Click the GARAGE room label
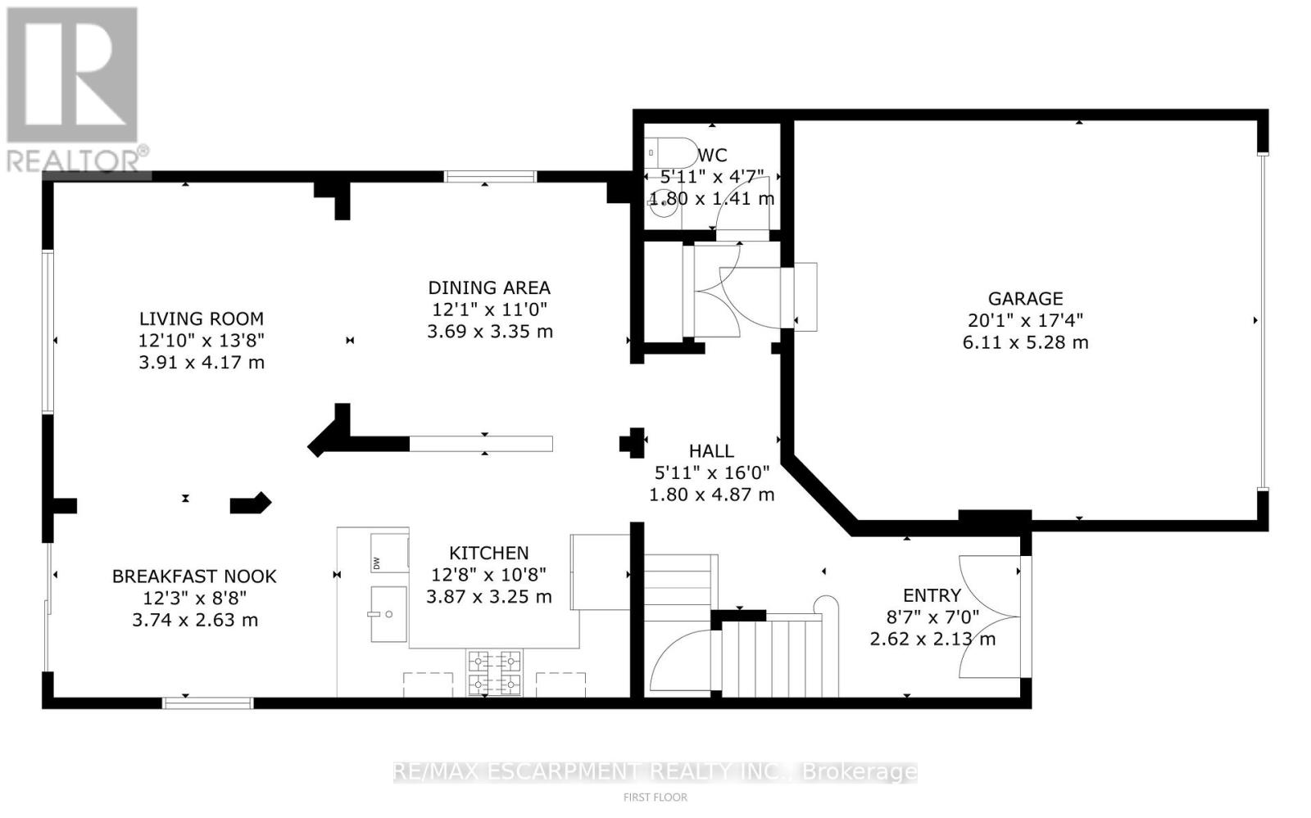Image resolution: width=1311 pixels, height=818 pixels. (x=1025, y=299)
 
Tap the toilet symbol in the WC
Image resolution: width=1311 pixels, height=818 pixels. (x=662, y=153)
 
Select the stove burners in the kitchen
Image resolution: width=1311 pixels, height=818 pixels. (x=494, y=672)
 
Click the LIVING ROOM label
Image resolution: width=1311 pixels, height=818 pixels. (x=202, y=319)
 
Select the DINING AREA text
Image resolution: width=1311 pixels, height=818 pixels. (x=489, y=287)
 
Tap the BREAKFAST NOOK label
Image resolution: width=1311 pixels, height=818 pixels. (x=194, y=576)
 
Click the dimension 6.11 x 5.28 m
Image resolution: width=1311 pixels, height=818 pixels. (x=1025, y=342)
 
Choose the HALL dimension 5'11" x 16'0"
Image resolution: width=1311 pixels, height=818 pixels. (x=711, y=472)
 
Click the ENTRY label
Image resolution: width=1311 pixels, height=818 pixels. (x=932, y=595)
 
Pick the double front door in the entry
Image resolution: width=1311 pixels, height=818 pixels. (x=991, y=616)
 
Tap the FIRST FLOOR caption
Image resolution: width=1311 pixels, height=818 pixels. (x=655, y=797)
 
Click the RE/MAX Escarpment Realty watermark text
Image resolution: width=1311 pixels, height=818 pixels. (x=655, y=771)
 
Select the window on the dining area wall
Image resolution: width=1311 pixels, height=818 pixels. (x=490, y=175)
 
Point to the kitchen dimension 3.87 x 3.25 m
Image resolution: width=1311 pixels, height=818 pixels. (x=489, y=597)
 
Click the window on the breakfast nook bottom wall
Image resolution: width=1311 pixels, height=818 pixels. (x=207, y=703)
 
